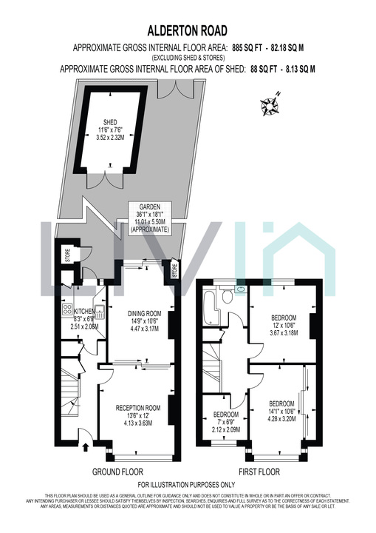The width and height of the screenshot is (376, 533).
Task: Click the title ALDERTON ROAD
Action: pyautogui.click(x=188, y=30)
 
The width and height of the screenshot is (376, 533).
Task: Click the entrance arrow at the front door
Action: pyautogui.click(x=87, y=446)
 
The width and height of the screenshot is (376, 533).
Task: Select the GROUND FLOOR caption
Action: pyautogui.click(x=117, y=472)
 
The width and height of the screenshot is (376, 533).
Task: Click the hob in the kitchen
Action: pyautogui.click(x=66, y=310)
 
